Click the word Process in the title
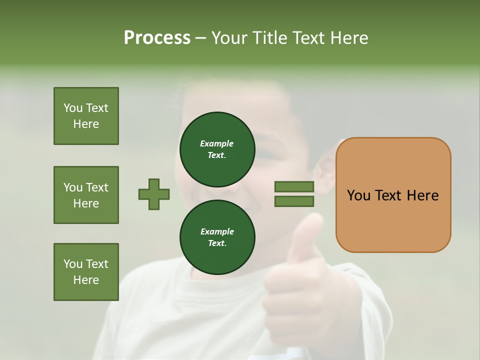coord(157,38)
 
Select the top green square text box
coord(86,116)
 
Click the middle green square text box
coord(86,195)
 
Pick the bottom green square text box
coord(86,272)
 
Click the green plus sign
coord(154,194)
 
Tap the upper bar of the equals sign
coord(294,186)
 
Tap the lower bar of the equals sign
coord(294,201)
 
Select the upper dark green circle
coord(217,149)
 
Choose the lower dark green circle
coord(217,237)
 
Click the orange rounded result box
coord(393,195)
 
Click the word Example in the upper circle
coord(216,144)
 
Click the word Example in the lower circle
coord(217,232)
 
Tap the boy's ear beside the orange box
coord(325,172)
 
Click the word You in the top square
coord(73,108)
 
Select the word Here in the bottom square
coord(86,280)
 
